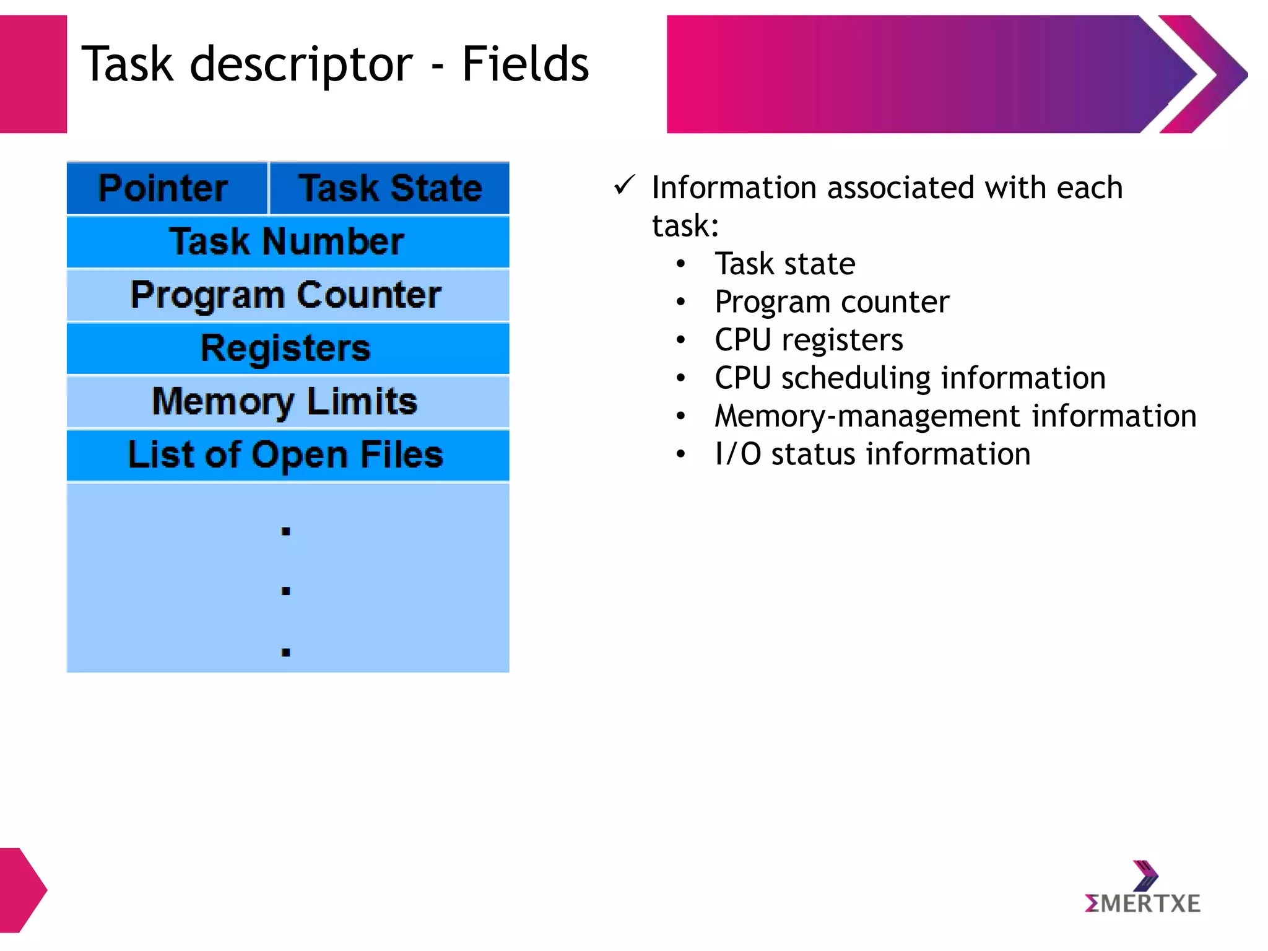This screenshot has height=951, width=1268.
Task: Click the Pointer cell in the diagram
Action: click(163, 188)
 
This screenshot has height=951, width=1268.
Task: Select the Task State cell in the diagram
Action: click(390, 188)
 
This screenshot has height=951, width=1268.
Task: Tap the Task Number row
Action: click(287, 241)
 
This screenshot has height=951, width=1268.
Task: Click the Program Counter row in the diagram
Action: click(287, 295)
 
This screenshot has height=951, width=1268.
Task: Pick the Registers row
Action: click(287, 348)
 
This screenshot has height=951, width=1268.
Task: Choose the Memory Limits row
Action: click(287, 401)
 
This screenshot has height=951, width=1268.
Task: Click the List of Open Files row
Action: click(287, 455)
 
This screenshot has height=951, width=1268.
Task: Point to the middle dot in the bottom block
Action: click(285, 591)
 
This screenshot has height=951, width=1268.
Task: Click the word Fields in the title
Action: click(525, 64)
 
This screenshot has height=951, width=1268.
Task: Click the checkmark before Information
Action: click(624, 185)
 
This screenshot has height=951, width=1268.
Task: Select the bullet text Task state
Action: click(785, 264)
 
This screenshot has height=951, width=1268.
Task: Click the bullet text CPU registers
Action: click(809, 340)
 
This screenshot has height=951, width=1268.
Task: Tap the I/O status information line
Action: click(872, 454)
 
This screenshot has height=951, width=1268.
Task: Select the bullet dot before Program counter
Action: click(681, 302)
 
